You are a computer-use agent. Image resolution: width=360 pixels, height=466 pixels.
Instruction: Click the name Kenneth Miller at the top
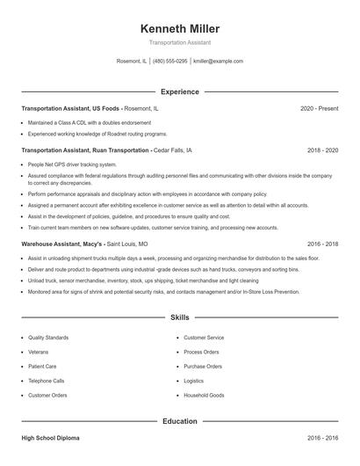(x=179, y=29)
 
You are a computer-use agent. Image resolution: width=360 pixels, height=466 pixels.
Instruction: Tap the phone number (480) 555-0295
(x=170, y=62)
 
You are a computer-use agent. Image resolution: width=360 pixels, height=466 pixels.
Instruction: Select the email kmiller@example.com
(x=218, y=62)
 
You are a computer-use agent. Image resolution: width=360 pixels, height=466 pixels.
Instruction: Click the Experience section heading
(x=180, y=91)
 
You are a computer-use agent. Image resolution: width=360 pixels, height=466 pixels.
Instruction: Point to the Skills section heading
(x=180, y=317)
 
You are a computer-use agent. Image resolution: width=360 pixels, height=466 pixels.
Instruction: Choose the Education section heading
(x=180, y=421)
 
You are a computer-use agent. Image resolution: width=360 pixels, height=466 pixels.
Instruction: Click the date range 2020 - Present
(x=319, y=108)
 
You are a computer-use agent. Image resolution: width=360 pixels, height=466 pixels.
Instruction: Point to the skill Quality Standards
(x=47, y=338)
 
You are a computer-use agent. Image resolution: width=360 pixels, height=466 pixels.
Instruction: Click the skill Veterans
(x=39, y=352)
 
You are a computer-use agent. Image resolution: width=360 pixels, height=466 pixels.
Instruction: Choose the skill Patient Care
(x=42, y=367)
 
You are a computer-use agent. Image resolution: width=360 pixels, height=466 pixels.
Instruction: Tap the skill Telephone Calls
(x=47, y=381)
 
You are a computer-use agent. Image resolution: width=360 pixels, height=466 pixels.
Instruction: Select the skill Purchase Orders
(x=203, y=367)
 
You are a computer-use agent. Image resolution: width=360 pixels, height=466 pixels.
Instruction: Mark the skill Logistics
(x=193, y=381)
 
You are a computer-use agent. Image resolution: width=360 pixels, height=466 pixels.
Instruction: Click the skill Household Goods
(x=204, y=396)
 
